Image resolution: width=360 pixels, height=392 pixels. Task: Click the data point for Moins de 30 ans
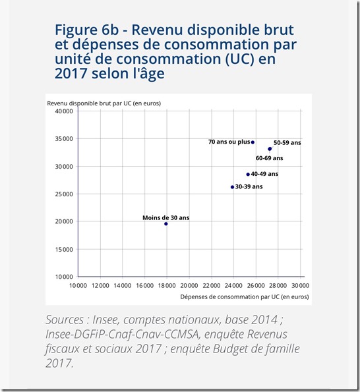tap(166, 224)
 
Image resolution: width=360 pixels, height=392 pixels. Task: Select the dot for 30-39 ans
tap(232, 187)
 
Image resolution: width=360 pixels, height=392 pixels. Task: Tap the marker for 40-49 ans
tap(248, 175)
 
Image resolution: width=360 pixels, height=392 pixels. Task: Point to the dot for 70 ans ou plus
tap(253, 142)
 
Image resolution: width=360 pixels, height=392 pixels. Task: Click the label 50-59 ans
tap(287, 142)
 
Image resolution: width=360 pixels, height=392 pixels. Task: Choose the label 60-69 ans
tap(269, 158)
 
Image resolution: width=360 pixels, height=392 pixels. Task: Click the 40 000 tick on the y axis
tap(63, 111)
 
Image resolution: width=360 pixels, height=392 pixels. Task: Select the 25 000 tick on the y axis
tap(63, 194)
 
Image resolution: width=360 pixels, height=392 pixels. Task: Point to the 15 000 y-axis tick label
tap(63, 249)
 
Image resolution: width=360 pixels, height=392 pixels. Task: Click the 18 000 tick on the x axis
tap(166, 285)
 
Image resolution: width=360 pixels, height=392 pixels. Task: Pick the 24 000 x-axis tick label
tap(233, 285)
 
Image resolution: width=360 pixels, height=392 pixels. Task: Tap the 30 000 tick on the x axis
tap(300, 285)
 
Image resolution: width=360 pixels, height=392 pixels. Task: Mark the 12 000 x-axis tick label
tap(100, 285)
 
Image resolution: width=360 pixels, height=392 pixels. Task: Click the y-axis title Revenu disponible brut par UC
tap(104, 103)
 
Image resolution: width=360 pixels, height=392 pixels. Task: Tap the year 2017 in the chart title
tap(73, 74)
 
